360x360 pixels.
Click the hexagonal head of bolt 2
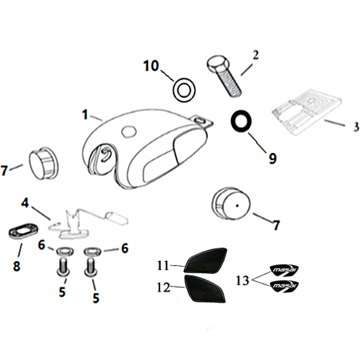pos(217,63)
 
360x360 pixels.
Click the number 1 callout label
pos(85,115)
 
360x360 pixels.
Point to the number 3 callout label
pos(356,127)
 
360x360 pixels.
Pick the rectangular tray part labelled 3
pos(306,112)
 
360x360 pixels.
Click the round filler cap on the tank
pos(129,131)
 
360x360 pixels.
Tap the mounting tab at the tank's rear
pos(202,121)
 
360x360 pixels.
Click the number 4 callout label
pos(25,203)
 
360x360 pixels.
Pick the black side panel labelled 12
pos(205,288)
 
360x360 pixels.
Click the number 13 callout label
pos(242,280)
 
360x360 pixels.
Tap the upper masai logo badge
pos(284,270)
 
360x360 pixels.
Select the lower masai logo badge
pos(284,286)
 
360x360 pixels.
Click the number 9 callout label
pos(272,158)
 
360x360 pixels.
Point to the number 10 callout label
pos(151,66)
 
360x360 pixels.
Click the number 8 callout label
pos(17,265)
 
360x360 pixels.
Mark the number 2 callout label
pos(255,55)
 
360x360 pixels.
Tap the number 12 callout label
pos(163,288)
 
